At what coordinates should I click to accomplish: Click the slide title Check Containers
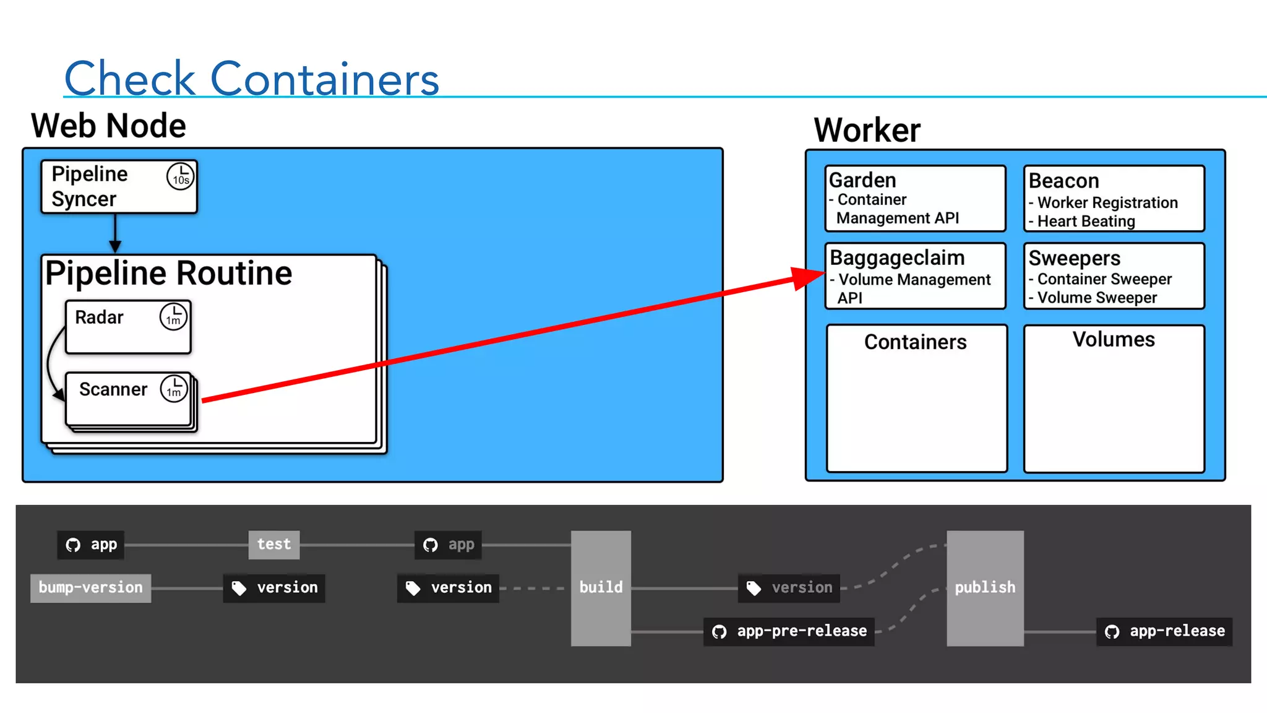click(251, 79)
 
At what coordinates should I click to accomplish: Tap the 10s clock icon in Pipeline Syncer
click(180, 176)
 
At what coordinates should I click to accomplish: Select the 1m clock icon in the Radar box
click(173, 317)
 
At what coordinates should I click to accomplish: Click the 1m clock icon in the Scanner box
click(174, 389)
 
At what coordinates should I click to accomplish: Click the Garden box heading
click(862, 180)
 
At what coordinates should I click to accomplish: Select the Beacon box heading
click(1063, 181)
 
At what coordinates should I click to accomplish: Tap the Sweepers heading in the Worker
click(1074, 257)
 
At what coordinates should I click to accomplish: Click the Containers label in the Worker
click(915, 342)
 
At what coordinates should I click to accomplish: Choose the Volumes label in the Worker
click(1114, 339)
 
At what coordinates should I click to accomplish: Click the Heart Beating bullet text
click(1086, 221)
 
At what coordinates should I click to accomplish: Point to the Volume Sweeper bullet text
click(1097, 298)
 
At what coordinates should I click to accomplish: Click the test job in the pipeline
click(273, 544)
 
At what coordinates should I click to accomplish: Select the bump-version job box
click(90, 587)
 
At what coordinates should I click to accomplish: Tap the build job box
click(601, 587)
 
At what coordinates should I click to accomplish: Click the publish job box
click(985, 587)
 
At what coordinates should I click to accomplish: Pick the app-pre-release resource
click(789, 631)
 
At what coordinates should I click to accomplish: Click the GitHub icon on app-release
click(1112, 632)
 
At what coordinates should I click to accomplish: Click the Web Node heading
click(108, 126)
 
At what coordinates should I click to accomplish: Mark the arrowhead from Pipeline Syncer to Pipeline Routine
click(115, 247)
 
